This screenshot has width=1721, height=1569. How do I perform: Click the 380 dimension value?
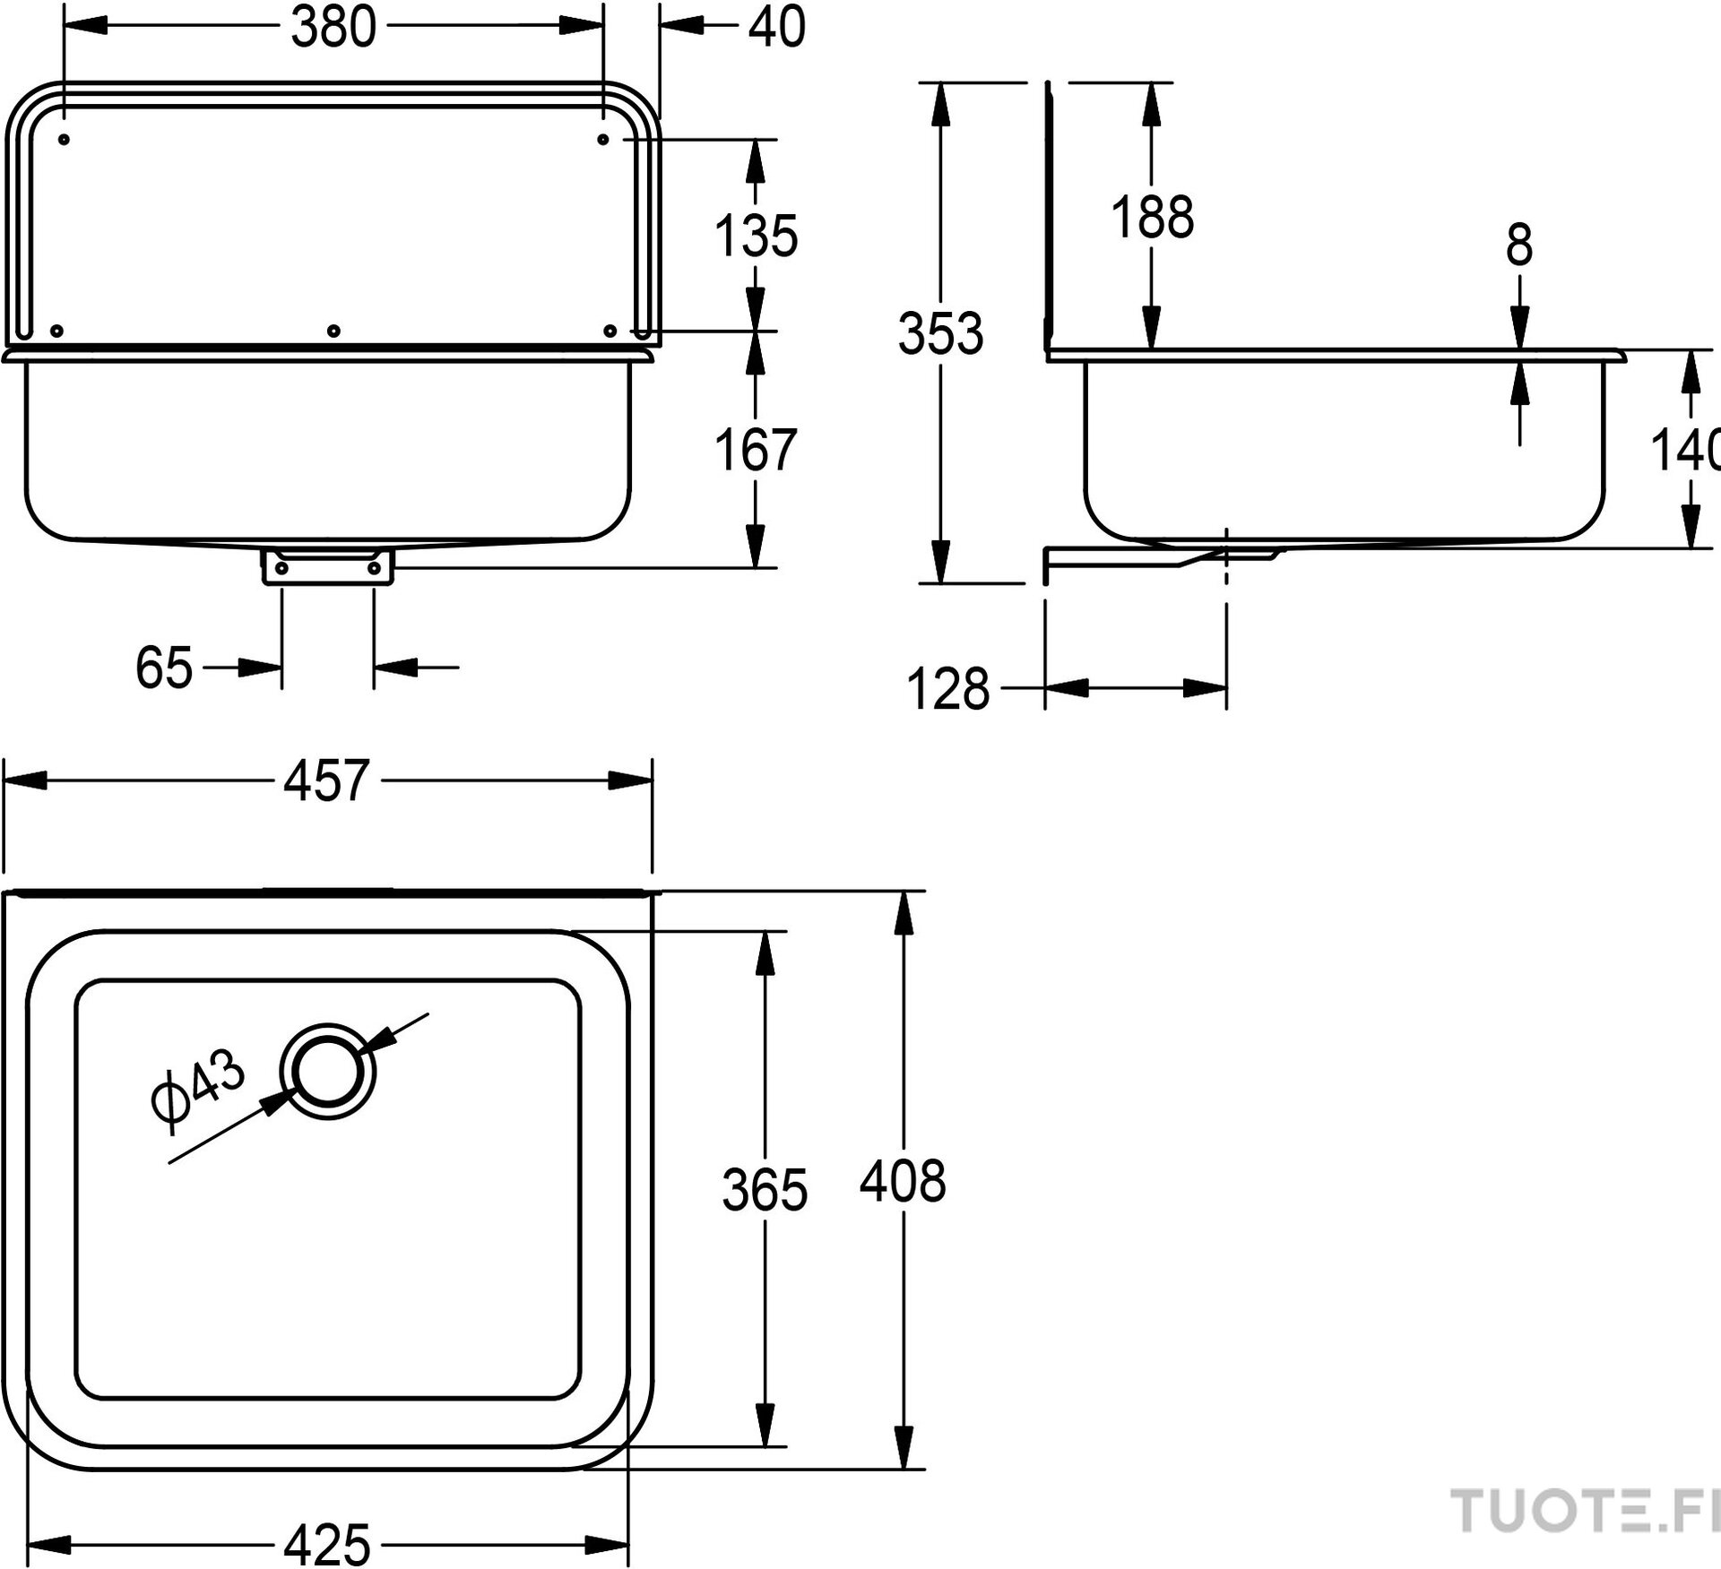point(333,28)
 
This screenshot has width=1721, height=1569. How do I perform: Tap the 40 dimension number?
point(777,28)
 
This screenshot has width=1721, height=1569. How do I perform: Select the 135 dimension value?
point(756,237)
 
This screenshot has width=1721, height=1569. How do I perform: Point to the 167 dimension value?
point(756,450)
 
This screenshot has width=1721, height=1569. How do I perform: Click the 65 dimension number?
point(164,668)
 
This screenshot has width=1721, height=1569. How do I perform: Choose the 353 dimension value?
point(940,333)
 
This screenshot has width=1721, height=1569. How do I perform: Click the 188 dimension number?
point(1153,218)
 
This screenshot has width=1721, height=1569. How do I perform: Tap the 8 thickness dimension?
point(1519,246)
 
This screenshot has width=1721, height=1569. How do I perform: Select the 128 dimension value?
point(948,690)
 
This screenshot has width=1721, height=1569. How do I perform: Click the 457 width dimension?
point(326,780)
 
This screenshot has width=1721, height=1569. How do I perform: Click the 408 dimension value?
point(903,1182)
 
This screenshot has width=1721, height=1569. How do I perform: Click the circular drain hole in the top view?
point(327,1073)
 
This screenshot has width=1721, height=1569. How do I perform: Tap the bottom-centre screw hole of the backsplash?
point(333,332)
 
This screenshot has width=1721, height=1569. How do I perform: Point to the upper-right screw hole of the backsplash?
point(603,140)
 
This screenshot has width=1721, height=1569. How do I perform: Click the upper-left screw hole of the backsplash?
point(64,140)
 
